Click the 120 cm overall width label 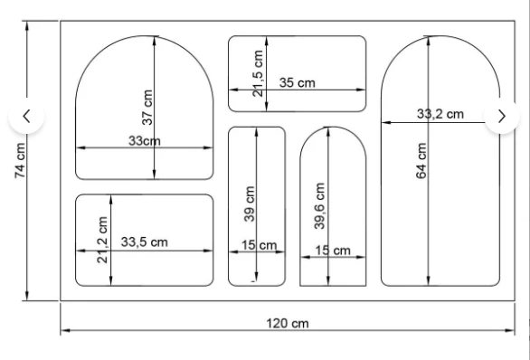[288, 323]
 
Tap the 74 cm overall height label [20, 160]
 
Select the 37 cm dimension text [147, 108]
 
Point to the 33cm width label [145, 140]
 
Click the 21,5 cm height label [258, 73]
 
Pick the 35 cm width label [298, 82]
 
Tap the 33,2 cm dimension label [440, 114]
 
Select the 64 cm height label [421, 161]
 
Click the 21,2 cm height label [102, 240]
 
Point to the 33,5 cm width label [145, 242]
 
